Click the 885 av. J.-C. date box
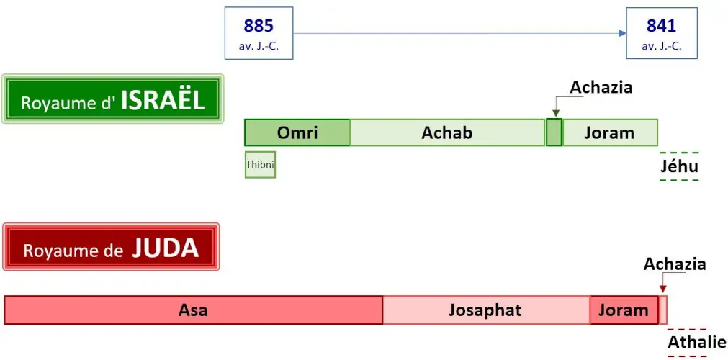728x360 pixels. [x=259, y=33]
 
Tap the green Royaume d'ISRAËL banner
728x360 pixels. [x=113, y=99]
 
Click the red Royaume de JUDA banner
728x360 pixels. [x=111, y=248]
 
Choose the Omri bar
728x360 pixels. [x=297, y=132]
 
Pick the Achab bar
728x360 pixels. [x=447, y=132]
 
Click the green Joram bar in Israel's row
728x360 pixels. [x=609, y=132]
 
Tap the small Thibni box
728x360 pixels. [x=260, y=165]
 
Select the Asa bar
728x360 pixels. [x=193, y=310]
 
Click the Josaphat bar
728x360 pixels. [x=485, y=310]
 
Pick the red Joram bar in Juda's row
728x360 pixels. [x=624, y=310]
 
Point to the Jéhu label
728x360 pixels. [x=679, y=167]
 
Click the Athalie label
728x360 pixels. [x=696, y=342]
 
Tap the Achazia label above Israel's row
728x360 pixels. [x=601, y=88]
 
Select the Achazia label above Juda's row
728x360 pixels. [x=675, y=264]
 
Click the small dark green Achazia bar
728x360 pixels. [x=554, y=133]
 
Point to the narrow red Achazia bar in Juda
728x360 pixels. [x=663, y=310]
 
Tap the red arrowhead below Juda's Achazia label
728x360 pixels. [x=662, y=289]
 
